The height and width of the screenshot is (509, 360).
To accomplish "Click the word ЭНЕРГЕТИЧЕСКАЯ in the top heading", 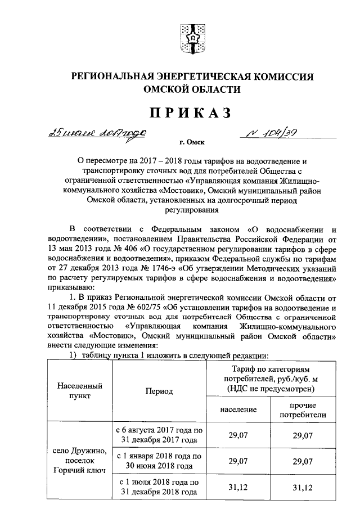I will (199, 76).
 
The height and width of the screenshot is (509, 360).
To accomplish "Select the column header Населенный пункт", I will (79, 391).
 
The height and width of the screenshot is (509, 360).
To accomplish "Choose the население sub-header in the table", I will (238, 410).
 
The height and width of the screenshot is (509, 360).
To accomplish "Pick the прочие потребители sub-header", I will (304, 410).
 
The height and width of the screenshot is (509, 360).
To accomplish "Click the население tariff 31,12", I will (238, 487).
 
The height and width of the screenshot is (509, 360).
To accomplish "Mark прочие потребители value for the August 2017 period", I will (304, 435).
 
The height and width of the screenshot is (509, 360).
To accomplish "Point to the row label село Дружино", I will (79, 451).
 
